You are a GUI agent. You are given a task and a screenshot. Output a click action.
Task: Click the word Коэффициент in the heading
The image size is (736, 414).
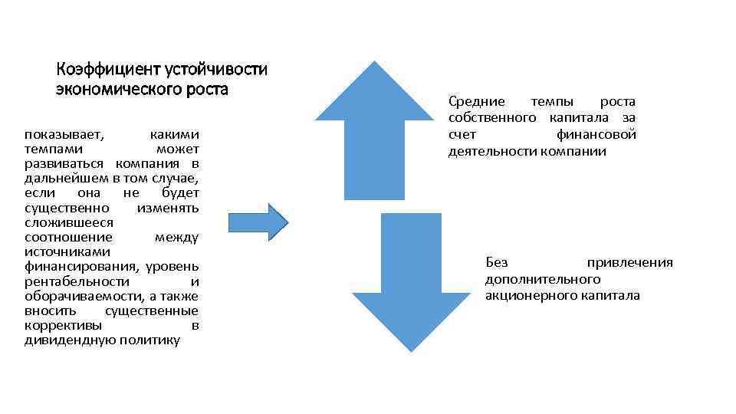pyautogui.click(x=108, y=70)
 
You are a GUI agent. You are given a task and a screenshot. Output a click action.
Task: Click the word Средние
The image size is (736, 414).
pyautogui.click(x=477, y=102)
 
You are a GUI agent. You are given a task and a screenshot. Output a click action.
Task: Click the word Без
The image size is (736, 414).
pyautogui.click(x=496, y=263)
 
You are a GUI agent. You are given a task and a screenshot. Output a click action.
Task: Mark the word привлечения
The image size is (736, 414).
pyautogui.click(x=629, y=263)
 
